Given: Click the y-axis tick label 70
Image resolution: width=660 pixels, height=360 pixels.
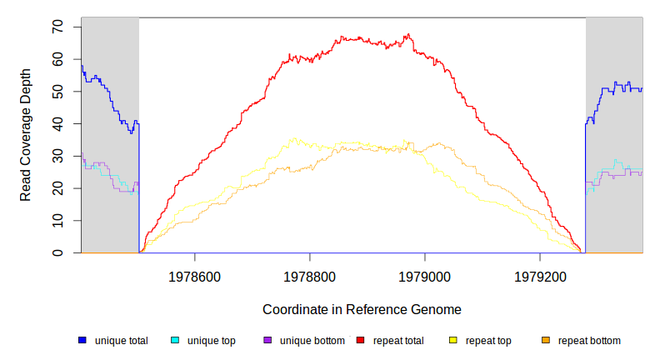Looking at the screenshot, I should tap(57, 27).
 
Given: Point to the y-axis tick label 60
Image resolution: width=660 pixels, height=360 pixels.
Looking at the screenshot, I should tap(57, 60).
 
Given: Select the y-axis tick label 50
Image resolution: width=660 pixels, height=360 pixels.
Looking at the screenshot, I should tap(57, 92).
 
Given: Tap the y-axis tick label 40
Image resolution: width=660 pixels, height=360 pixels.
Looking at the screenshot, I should tap(57, 124).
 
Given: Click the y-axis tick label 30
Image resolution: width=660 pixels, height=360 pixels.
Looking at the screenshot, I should tap(57, 156).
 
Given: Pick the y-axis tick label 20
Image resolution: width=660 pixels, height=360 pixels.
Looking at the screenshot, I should tap(57, 188).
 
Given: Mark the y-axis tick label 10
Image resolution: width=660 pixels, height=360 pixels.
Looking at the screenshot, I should tap(57, 220).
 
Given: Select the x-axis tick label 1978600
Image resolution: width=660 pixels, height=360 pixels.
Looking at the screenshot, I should tap(194, 276).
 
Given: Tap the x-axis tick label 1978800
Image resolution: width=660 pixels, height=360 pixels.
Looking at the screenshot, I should tap(310, 276).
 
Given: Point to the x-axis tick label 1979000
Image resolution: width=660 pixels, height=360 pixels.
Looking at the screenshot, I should tap(425, 276).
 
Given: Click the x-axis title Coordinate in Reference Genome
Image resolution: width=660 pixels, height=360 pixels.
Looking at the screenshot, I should tap(362, 309).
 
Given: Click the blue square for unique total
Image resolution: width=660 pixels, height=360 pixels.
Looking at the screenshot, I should tap(82, 340).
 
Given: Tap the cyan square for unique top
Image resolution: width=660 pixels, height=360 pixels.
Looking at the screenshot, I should tap(175, 340).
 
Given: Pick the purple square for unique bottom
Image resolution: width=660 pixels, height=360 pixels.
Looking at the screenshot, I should tap(267, 340).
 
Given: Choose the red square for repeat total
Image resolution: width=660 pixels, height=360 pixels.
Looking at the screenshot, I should tap(360, 340).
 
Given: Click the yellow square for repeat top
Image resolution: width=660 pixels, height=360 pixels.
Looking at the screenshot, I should tap(453, 340).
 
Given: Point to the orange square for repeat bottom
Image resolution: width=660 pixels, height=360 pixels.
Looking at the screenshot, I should tap(546, 340).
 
